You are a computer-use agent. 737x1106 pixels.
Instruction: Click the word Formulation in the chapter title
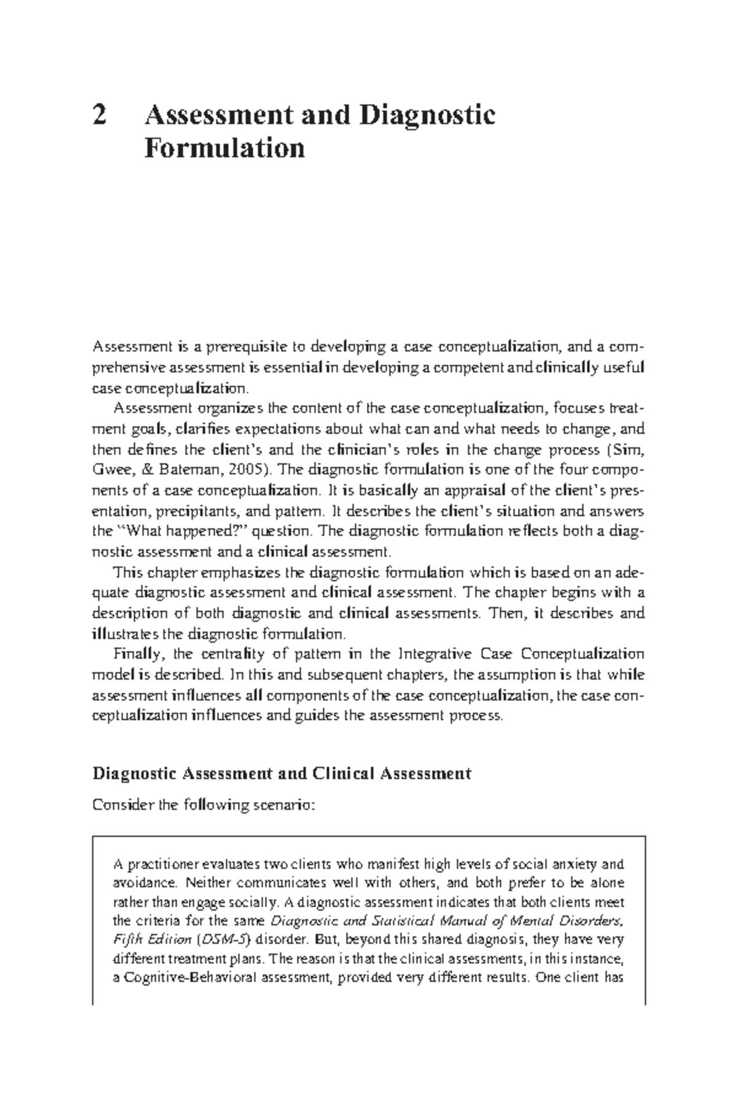coord(224,148)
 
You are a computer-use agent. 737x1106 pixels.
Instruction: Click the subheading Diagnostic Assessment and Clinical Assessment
coord(281,773)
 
